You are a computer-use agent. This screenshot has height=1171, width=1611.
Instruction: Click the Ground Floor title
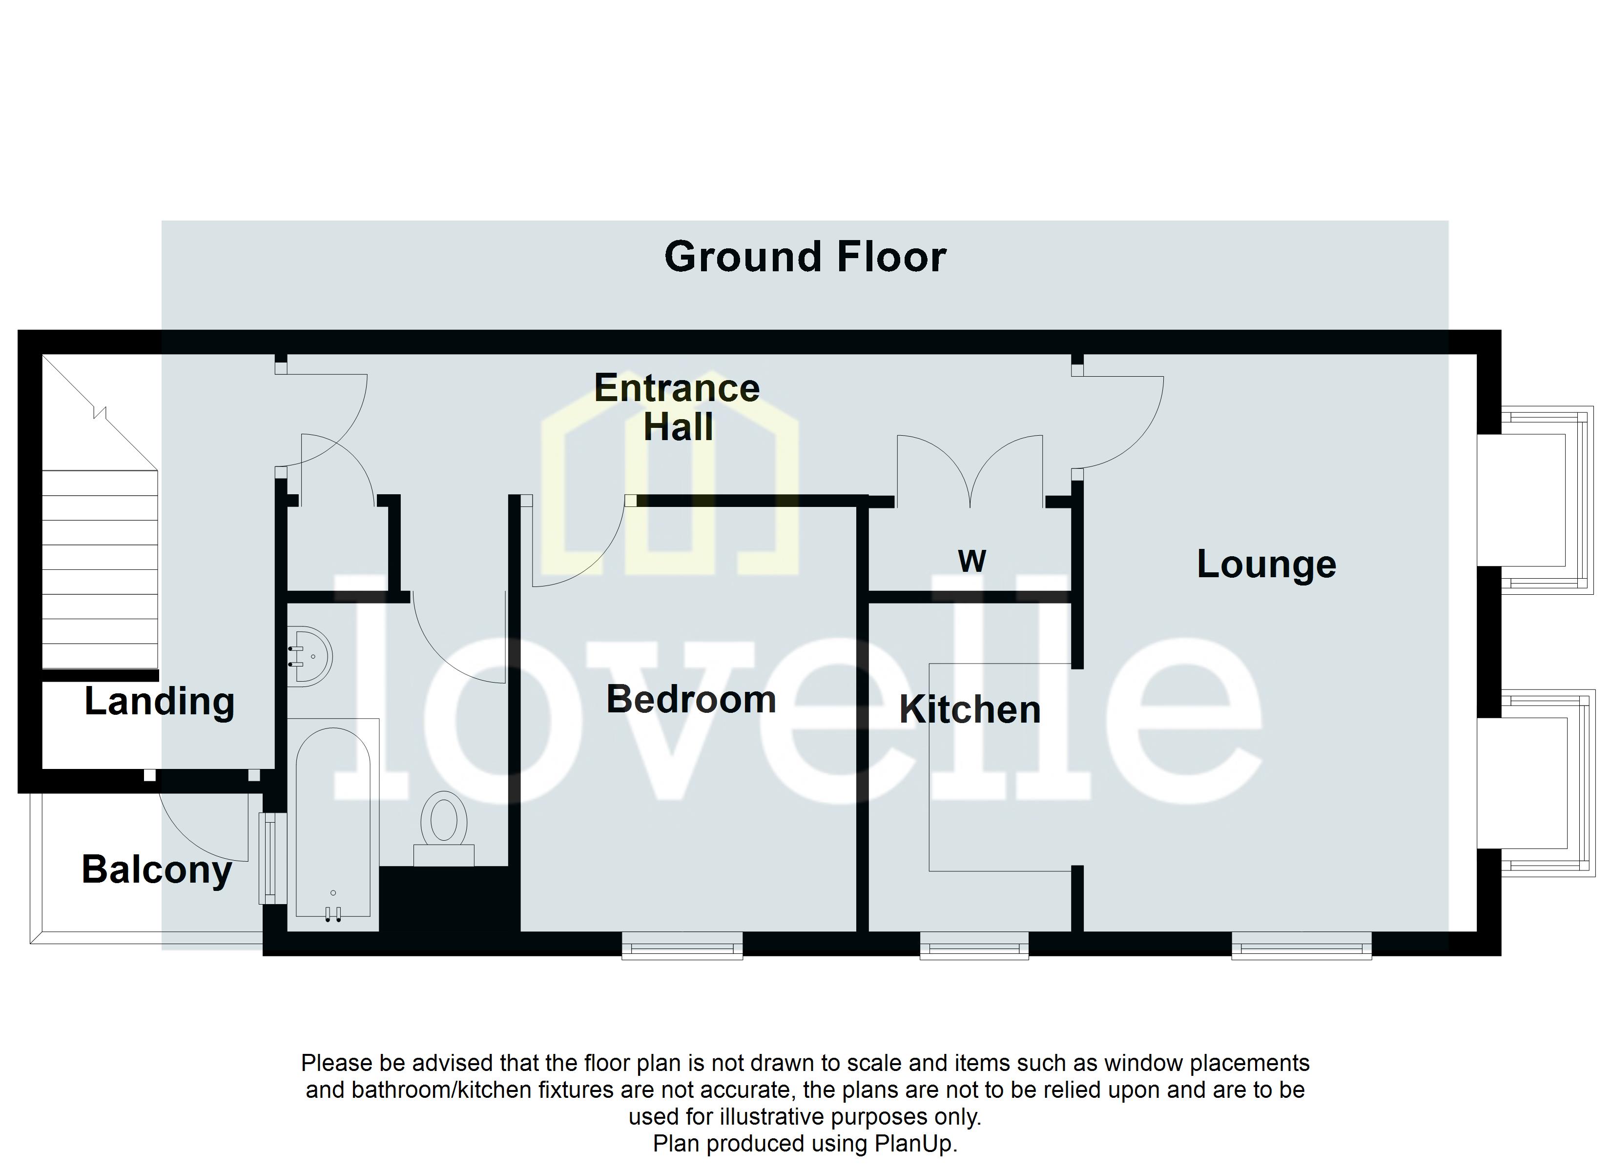[x=805, y=257]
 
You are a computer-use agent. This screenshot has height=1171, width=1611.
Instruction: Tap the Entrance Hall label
[x=677, y=407]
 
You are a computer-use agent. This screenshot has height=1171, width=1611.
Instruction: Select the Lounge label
[x=1266, y=565]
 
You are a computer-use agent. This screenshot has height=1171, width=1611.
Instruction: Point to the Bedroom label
[x=690, y=700]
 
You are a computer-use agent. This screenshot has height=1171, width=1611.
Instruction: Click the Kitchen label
[x=970, y=710]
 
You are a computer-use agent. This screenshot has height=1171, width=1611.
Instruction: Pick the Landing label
[x=159, y=702]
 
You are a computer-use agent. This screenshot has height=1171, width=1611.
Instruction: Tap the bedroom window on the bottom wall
[x=682, y=947]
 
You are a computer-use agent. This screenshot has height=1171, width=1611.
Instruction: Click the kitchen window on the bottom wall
[x=974, y=947]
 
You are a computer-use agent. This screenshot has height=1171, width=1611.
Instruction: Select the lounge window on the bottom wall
[x=1301, y=947]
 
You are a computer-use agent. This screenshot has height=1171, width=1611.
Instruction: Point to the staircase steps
[x=100, y=568]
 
